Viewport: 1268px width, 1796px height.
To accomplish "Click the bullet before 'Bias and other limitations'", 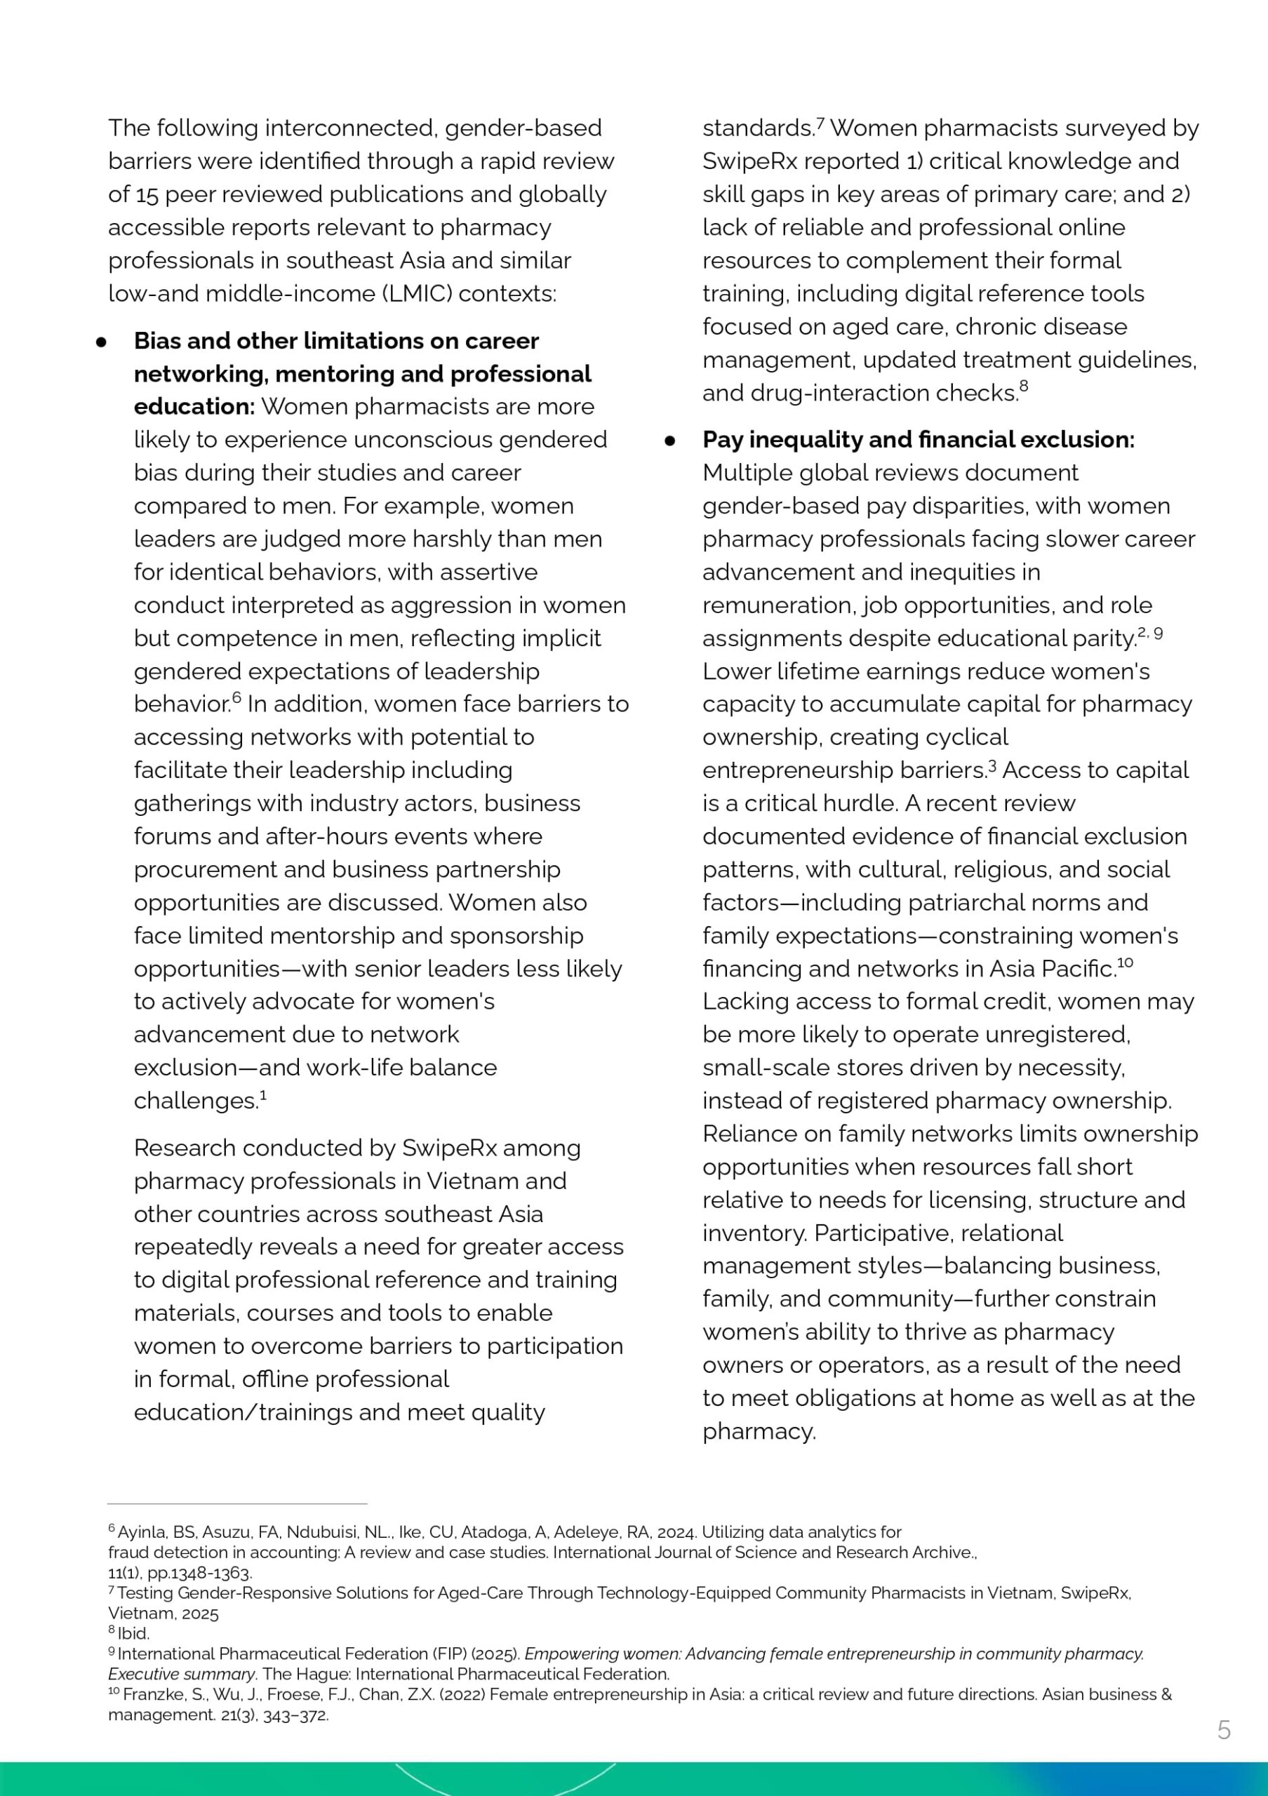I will (x=101, y=342).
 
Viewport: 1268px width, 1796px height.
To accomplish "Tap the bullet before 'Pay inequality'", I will (x=669, y=441).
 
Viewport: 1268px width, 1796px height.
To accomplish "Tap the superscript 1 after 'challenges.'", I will (x=264, y=1095).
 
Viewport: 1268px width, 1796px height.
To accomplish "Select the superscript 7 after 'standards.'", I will (x=820, y=122).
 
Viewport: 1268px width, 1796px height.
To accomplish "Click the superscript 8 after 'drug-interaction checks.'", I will (x=1024, y=387).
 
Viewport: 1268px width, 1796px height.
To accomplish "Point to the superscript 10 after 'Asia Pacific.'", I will (x=1125, y=963).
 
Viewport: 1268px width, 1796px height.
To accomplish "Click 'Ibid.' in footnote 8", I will (x=133, y=1633).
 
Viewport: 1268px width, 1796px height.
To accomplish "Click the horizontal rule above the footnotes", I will (x=237, y=1503).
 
